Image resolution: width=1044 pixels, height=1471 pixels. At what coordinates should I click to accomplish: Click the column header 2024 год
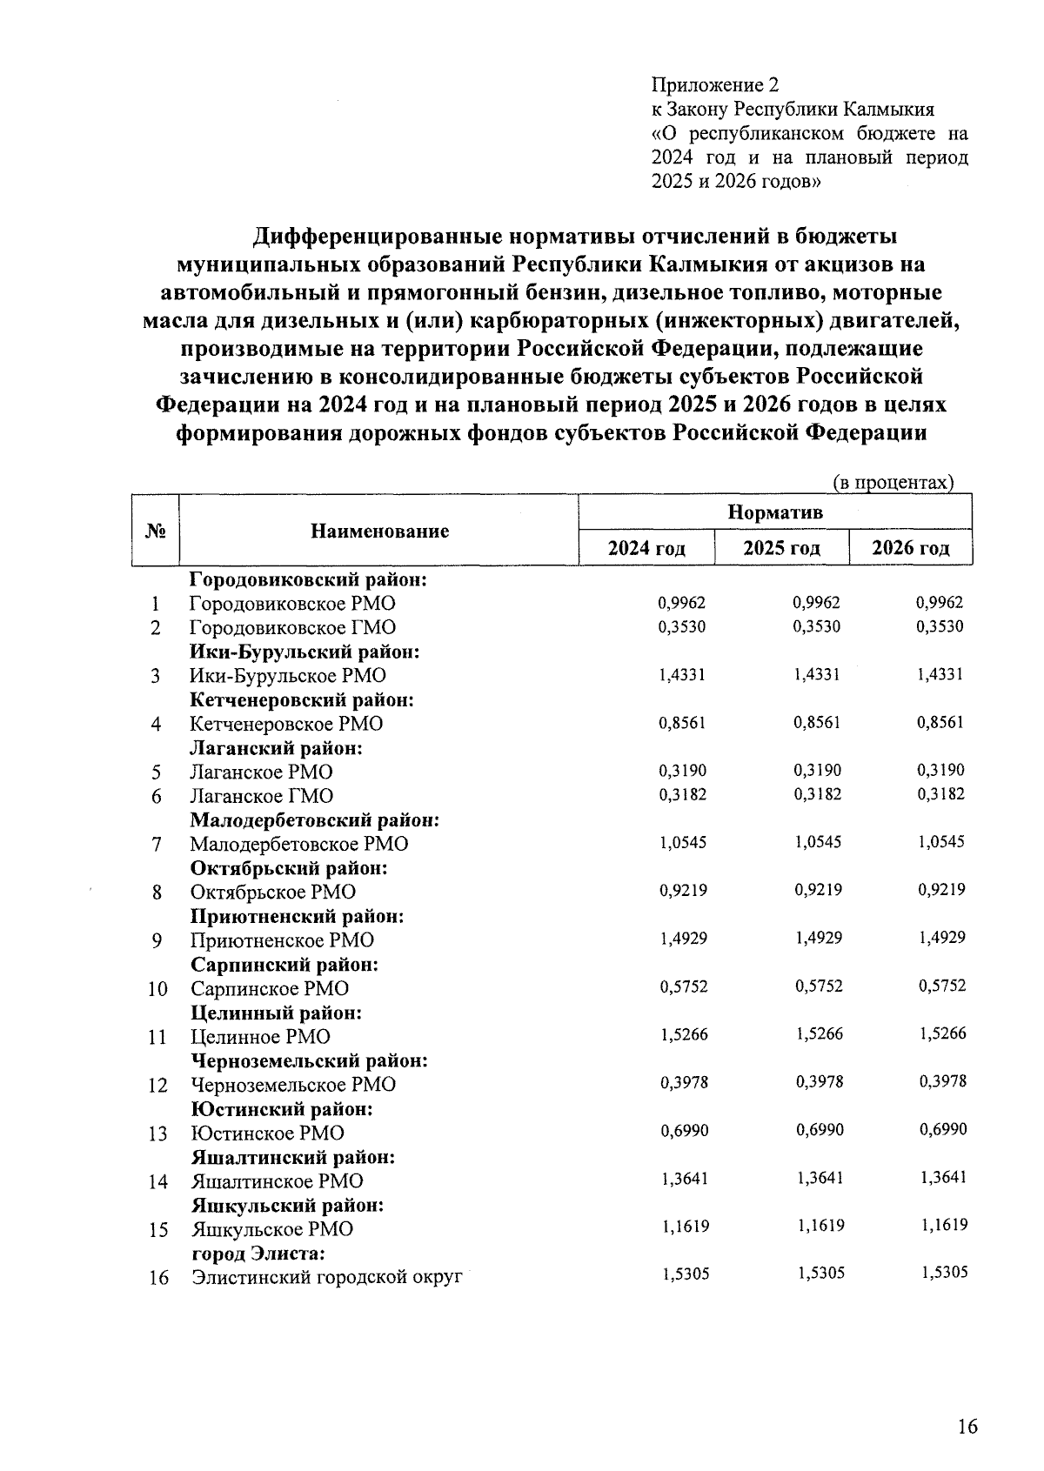click(x=646, y=549)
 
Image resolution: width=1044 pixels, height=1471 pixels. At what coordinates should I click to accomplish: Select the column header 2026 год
click(x=910, y=549)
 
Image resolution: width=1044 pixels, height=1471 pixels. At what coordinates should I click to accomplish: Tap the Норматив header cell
click(x=774, y=512)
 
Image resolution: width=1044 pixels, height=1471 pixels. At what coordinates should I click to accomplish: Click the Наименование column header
click(x=379, y=532)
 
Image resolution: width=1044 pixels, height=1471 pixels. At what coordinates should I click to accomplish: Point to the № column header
click(x=155, y=532)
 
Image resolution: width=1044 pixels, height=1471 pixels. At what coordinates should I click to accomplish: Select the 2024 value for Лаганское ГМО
click(x=683, y=794)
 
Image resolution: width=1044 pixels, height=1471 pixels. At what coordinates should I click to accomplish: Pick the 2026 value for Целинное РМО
click(x=942, y=1034)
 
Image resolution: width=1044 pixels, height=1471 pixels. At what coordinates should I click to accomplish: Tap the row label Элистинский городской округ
click(x=325, y=1279)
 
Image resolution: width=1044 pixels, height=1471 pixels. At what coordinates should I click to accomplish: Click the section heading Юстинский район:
click(x=282, y=1110)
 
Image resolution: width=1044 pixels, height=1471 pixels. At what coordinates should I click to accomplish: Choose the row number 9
click(x=157, y=941)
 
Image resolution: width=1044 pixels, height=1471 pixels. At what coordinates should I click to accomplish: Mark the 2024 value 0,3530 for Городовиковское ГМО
click(x=683, y=627)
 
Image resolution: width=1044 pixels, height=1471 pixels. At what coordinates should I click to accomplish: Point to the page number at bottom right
click(x=967, y=1428)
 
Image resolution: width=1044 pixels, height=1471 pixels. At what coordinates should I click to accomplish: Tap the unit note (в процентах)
click(x=893, y=483)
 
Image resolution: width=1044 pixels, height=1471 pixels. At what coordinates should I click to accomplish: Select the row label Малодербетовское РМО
click(x=298, y=845)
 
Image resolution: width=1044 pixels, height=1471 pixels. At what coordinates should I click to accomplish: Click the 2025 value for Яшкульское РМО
click(x=820, y=1227)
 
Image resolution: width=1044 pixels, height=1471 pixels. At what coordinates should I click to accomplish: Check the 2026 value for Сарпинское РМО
click(x=942, y=986)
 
